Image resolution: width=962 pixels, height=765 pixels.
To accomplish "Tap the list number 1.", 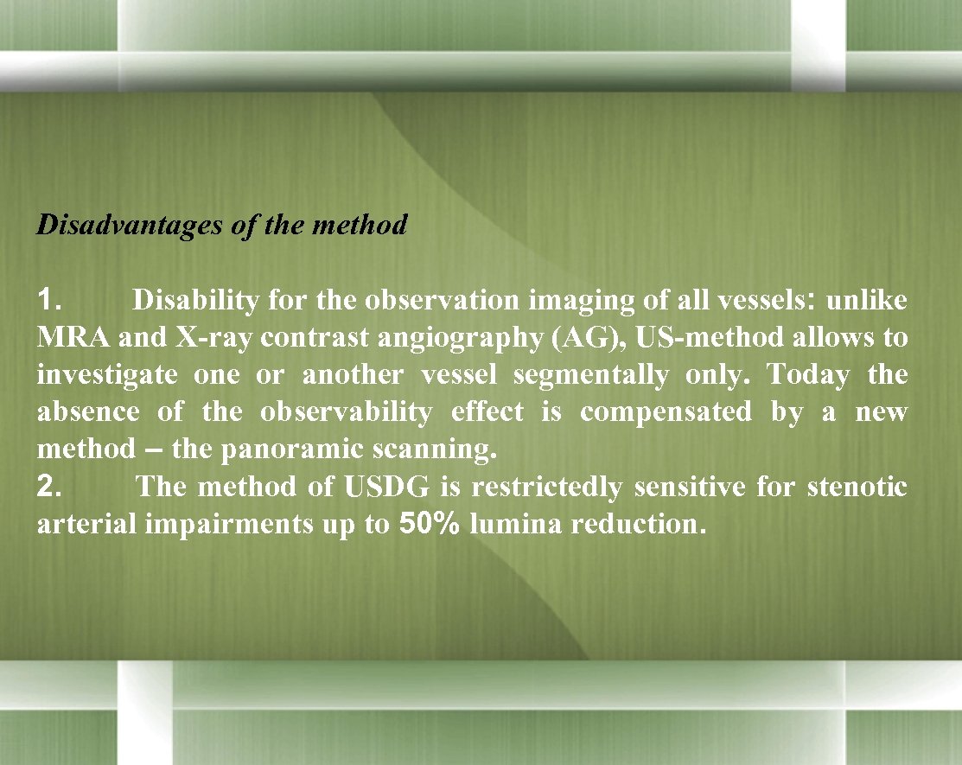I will point(48,301).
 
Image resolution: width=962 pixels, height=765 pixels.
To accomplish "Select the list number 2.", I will point(48,487).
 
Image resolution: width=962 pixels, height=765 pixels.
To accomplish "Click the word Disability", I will point(195,301).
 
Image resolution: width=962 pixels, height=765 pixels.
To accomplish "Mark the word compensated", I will point(666,412).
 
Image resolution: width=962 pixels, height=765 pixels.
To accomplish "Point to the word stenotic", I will point(857,487).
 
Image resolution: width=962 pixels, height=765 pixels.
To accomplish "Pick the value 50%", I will point(429,525).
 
